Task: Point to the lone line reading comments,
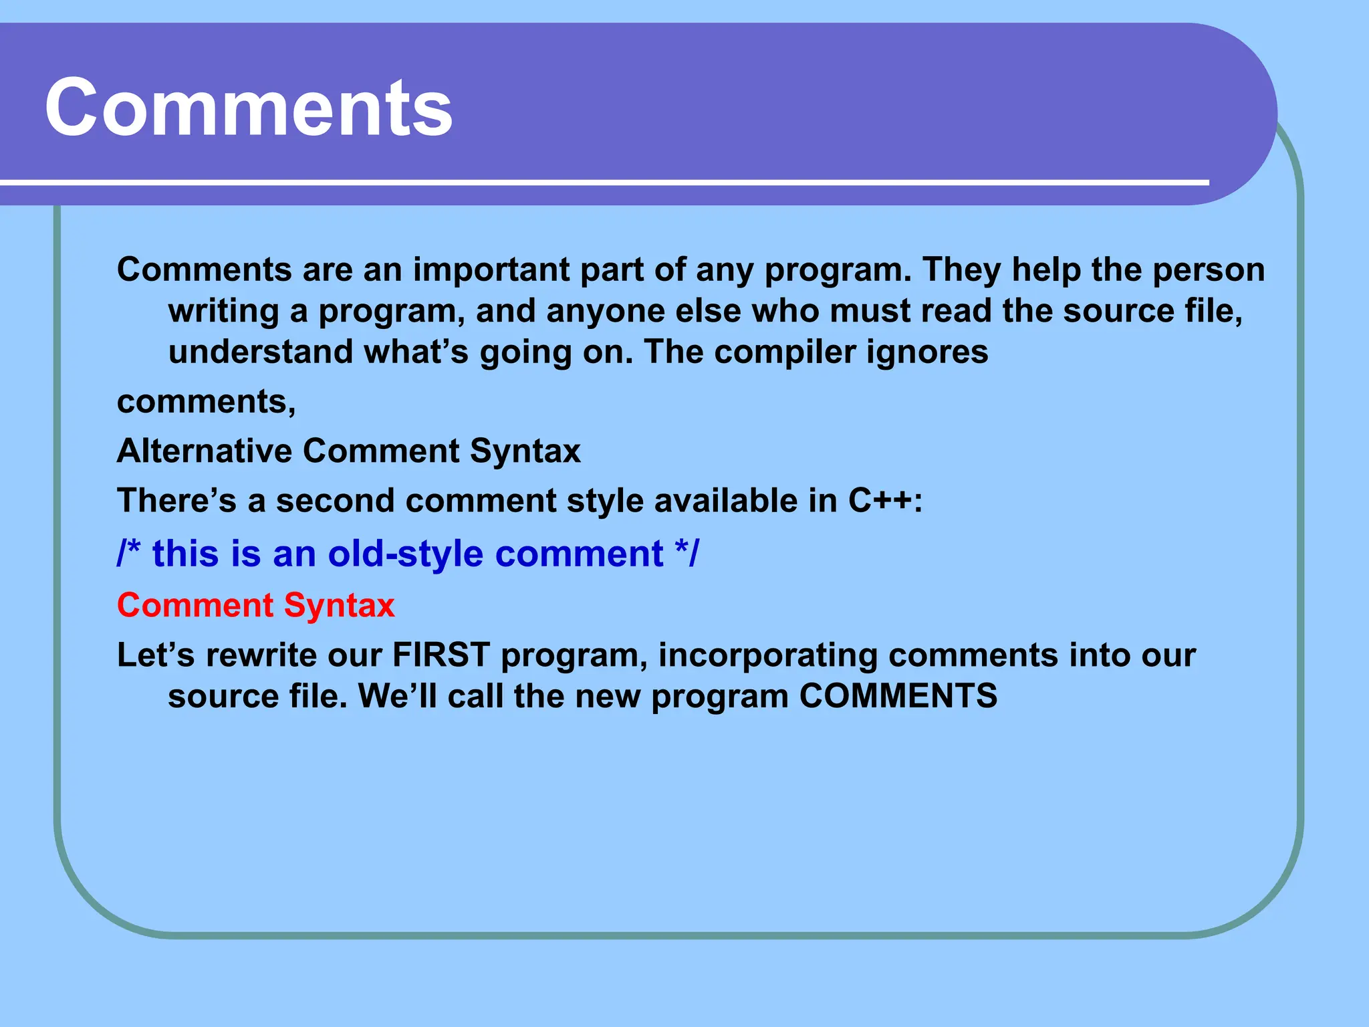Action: (206, 402)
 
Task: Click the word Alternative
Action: (205, 451)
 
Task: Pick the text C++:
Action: (885, 501)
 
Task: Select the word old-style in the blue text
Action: (405, 555)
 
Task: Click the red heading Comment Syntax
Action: (255, 606)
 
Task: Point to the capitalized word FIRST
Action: (441, 655)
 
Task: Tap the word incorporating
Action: (767, 656)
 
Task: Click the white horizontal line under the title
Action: (602, 182)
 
